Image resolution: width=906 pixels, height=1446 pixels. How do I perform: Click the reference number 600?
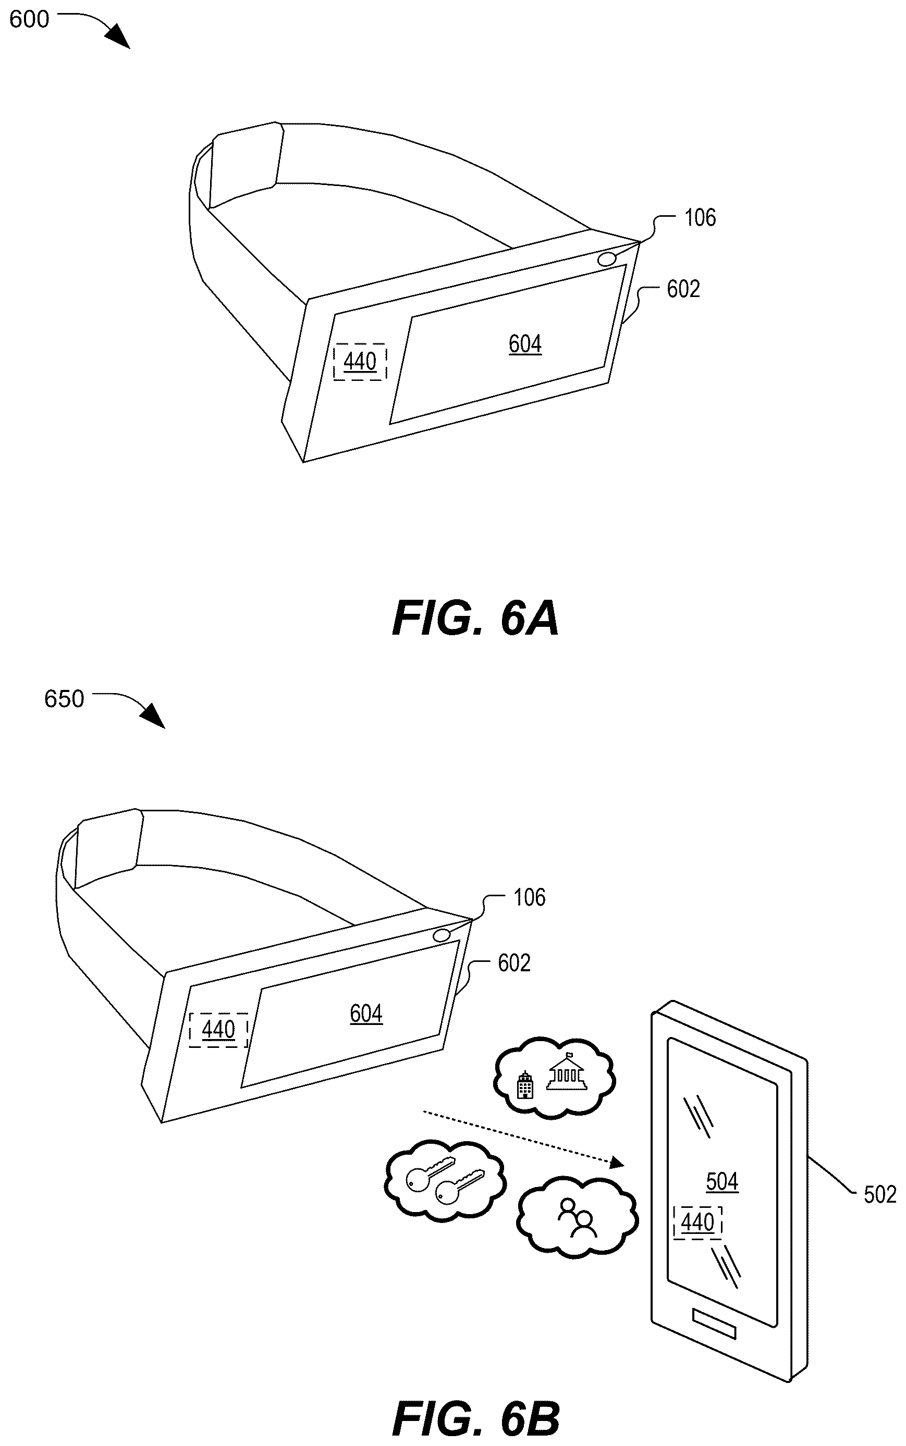click(x=29, y=19)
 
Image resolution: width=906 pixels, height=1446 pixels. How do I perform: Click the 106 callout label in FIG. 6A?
click(x=700, y=217)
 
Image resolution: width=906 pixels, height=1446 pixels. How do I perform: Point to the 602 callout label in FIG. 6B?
click(x=514, y=962)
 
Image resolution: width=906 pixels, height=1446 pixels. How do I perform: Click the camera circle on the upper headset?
click(x=607, y=259)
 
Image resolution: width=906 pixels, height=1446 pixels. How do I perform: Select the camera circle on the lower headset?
click(x=442, y=935)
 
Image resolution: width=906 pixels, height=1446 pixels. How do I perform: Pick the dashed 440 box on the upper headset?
click(x=360, y=362)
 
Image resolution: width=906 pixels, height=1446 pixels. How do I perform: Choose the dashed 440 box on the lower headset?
click(x=218, y=1030)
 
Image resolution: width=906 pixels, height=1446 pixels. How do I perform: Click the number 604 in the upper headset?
click(x=525, y=344)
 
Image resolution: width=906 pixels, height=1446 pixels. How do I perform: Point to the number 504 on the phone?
click(x=722, y=1181)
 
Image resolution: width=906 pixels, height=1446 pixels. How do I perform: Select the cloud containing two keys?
click(x=444, y=1180)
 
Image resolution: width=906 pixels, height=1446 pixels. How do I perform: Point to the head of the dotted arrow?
click(x=618, y=1164)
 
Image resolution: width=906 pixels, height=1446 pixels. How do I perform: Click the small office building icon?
click(x=525, y=1085)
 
